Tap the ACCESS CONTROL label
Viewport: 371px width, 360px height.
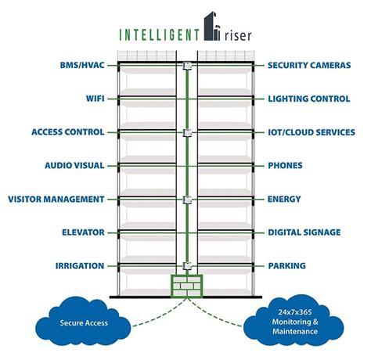click(x=67, y=132)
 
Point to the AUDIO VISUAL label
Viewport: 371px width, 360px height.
click(x=74, y=166)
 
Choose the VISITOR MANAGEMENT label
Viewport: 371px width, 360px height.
click(x=55, y=200)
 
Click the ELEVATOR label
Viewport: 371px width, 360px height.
click(x=82, y=232)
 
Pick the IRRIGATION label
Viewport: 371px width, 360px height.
click(x=81, y=266)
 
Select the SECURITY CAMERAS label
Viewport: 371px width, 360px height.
click(x=308, y=66)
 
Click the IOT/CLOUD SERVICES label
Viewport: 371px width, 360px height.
click(x=312, y=132)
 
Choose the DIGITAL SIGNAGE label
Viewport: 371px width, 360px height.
click(x=304, y=232)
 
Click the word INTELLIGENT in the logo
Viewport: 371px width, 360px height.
click(x=158, y=34)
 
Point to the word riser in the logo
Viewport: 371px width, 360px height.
click(x=237, y=34)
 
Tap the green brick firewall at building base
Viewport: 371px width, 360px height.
click(x=185, y=286)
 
